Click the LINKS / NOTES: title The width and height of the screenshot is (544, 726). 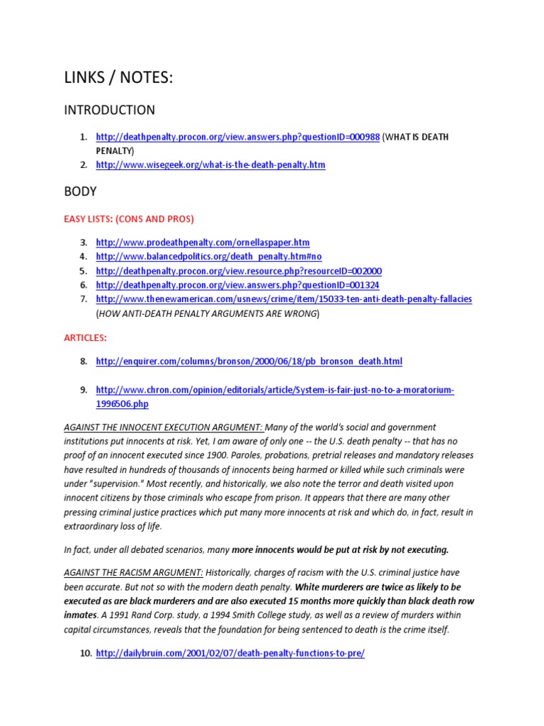coord(118,79)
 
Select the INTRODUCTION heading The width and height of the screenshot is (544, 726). coord(109,110)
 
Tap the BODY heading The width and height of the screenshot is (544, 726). coord(80,191)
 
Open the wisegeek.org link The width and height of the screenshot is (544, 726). coord(210,164)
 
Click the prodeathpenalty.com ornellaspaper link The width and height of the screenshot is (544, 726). coord(203,242)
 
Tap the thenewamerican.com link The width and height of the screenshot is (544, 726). coord(283,299)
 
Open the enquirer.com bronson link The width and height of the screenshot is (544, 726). coord(249,362)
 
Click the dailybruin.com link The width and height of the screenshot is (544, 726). coord(230,653)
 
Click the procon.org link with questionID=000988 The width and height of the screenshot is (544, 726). coord(238,136)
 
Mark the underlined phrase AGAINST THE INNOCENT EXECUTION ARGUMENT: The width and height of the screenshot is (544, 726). coord(164,428)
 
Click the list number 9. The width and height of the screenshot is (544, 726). coord(84,390)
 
